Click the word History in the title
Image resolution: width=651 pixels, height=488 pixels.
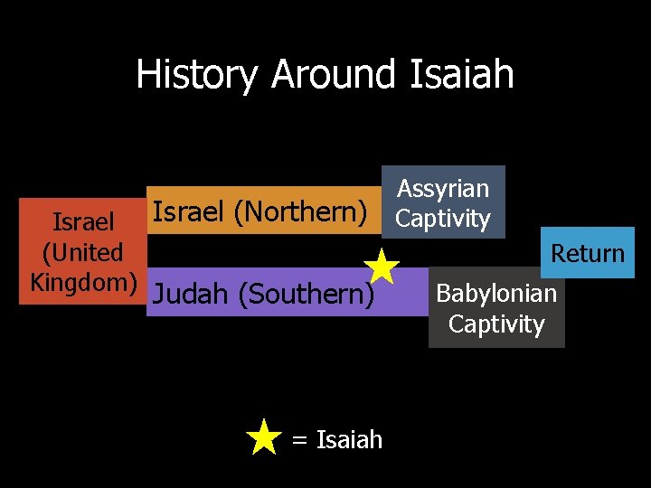pos(196,74)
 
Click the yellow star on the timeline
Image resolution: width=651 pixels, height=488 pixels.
pos(382,267)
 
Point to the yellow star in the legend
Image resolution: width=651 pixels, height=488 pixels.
pos(263,437)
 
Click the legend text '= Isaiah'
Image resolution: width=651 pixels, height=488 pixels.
pos(337,440)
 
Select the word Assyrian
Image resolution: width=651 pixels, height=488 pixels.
pos(443,189)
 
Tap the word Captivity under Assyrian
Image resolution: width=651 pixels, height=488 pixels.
pos(443,219)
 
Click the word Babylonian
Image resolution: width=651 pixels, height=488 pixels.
pos(496,294)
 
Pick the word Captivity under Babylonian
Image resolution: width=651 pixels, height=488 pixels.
pos(496,324)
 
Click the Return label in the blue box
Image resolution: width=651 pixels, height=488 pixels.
pos(588,254)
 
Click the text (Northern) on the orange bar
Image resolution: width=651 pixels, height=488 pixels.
pos(301,212)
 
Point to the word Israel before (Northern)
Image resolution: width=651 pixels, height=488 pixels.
pos(189,212)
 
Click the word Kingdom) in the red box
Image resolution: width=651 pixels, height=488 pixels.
pos(83,282)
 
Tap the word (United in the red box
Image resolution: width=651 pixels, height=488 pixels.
pos(83,252)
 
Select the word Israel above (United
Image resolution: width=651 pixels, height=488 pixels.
pos(83,222)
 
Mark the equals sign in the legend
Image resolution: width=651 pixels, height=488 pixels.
pos(300,441)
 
